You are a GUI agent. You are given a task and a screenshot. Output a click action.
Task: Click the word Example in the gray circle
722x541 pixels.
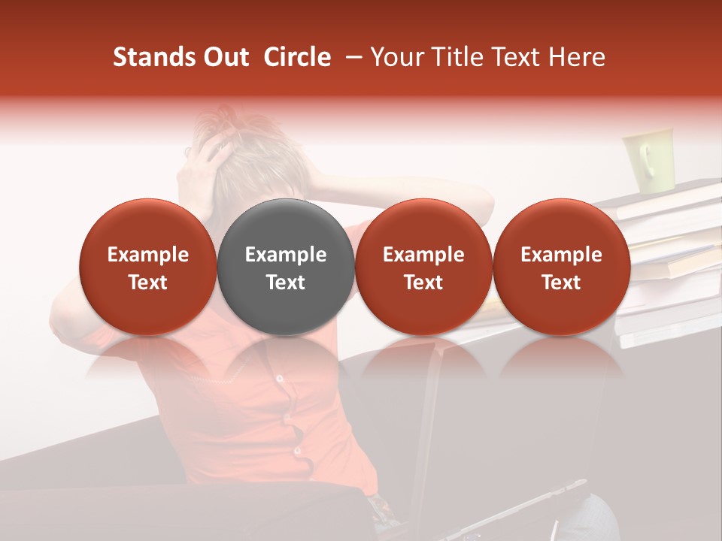[x=286, y=255]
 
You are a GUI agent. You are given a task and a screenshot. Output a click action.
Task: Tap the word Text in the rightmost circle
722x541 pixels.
[x=561, y=283]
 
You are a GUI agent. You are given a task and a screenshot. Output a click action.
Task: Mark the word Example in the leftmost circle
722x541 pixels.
[x=148, y=255]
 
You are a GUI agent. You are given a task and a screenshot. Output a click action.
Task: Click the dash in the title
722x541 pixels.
[x=350, y=57]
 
